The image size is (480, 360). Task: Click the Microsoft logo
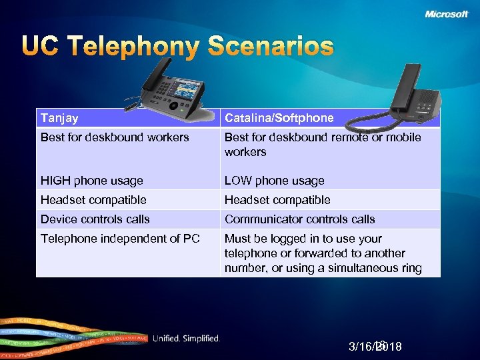click(x=446, y=14)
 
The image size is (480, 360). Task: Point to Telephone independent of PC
click(x=120, y=239)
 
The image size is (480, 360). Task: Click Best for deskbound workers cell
click(x=115, y=138)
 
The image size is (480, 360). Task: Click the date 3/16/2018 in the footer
click(x=375, y=347)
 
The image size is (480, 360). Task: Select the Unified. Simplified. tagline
click(x=186, y=339)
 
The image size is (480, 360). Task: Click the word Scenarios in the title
click(x=270, y=47)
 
